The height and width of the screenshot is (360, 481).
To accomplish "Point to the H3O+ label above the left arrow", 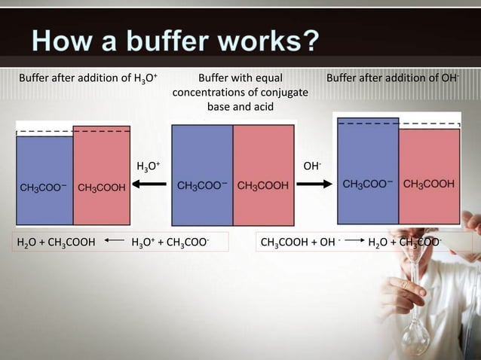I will click(148, 165).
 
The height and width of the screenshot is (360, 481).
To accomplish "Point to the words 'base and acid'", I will click(240, 107).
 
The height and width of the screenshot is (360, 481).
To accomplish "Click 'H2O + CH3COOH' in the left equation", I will click(56, 243).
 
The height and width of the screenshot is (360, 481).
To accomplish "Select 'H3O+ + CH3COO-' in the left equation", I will click(170, 243).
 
